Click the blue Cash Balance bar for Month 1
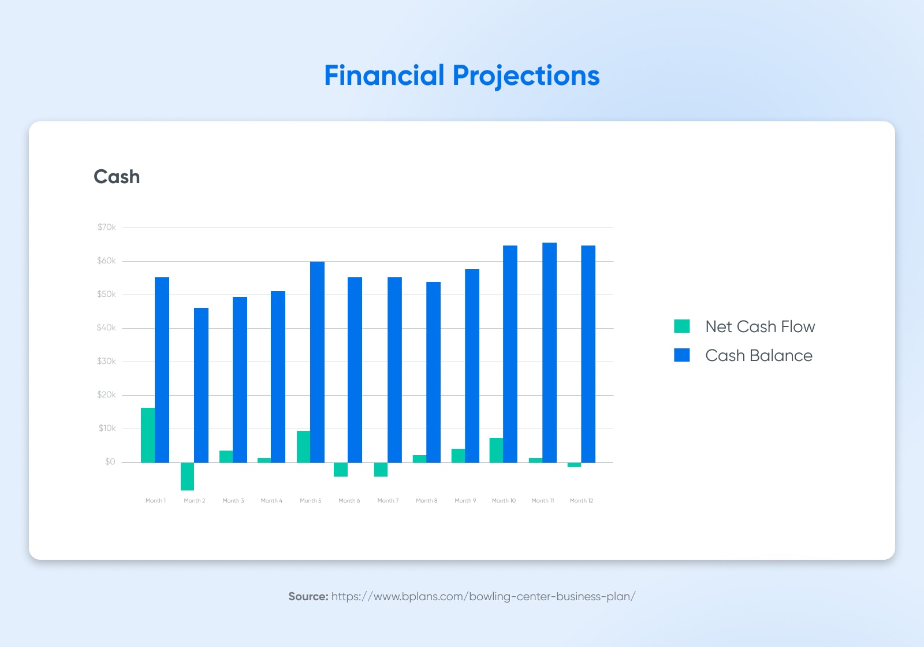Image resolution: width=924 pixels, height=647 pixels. tap(162, 370)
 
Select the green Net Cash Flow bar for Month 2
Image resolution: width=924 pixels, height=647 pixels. tap(187, 476)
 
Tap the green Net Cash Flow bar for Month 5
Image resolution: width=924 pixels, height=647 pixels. tap(303, 447)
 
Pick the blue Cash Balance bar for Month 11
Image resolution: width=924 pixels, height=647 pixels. tap(549, 352)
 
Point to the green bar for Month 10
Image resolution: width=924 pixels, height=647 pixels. tap(496, 450)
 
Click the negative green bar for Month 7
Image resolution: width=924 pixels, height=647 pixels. tap(381, 470)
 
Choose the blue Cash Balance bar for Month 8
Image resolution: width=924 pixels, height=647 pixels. tap(433, 372)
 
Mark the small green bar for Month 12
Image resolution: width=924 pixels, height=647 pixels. tap(574, 464)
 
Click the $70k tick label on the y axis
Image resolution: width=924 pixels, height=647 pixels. tap(106, 227)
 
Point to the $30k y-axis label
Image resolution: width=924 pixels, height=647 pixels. tap(106, 361)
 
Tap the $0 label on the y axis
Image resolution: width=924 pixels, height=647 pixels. tap(110, 462)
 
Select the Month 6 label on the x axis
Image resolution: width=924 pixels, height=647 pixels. tap(349, 500)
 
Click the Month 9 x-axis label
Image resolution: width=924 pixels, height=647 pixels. tap(465, 500)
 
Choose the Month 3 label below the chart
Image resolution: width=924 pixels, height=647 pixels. tap(233, 500)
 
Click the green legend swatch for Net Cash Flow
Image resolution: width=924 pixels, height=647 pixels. tap(682, 326)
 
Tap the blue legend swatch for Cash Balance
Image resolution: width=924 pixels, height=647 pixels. tap(682, 355)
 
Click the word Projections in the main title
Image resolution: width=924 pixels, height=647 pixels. tap(526, 76)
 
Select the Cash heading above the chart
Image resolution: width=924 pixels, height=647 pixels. tap(117, 177)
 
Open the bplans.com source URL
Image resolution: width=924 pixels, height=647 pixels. tap(483, 597)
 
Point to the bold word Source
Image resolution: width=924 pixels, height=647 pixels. tap(308, 596)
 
